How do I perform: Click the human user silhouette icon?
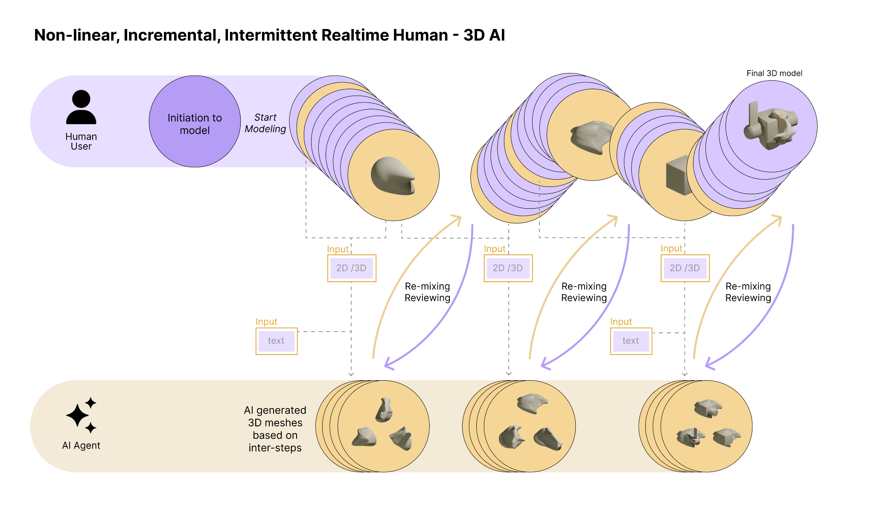[81, 107]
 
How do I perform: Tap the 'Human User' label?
[81, 141]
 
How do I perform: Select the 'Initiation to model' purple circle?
[195, 122]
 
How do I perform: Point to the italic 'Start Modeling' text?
[265, 123]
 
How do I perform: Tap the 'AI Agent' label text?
[81, 445]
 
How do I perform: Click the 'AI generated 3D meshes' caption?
[275, 429]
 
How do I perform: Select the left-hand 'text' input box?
[276, 341]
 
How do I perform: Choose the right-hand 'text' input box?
[631, 341]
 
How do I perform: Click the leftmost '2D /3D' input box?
[352, 268]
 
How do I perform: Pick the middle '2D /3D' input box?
[508, 268]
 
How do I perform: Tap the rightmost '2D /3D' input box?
[685, 268]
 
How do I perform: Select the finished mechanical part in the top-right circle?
[771, 125]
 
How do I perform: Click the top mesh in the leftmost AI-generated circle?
[384, 410]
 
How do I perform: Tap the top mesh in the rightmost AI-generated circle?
[708, 408]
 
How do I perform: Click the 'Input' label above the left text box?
[266, 321]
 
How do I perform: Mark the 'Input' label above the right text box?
[621, 321]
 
